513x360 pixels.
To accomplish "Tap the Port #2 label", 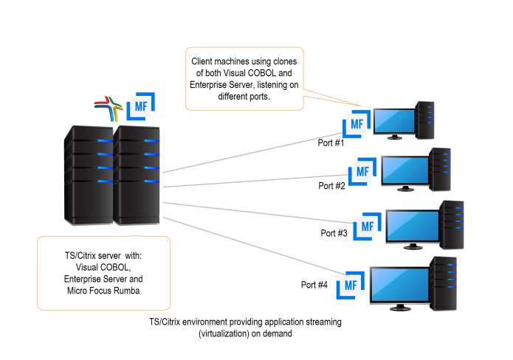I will pyautogui.click(x=331, y=185).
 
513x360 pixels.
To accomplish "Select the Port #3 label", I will pyautogui.click(x=334, y=232).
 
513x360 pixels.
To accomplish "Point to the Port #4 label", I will pyautogui.click(x=314, y=284).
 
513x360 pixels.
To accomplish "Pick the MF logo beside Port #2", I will pyautogui.click(x=362, y=170).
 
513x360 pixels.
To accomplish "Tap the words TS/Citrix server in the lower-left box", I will pyautogui.click(x=83, y=256).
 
